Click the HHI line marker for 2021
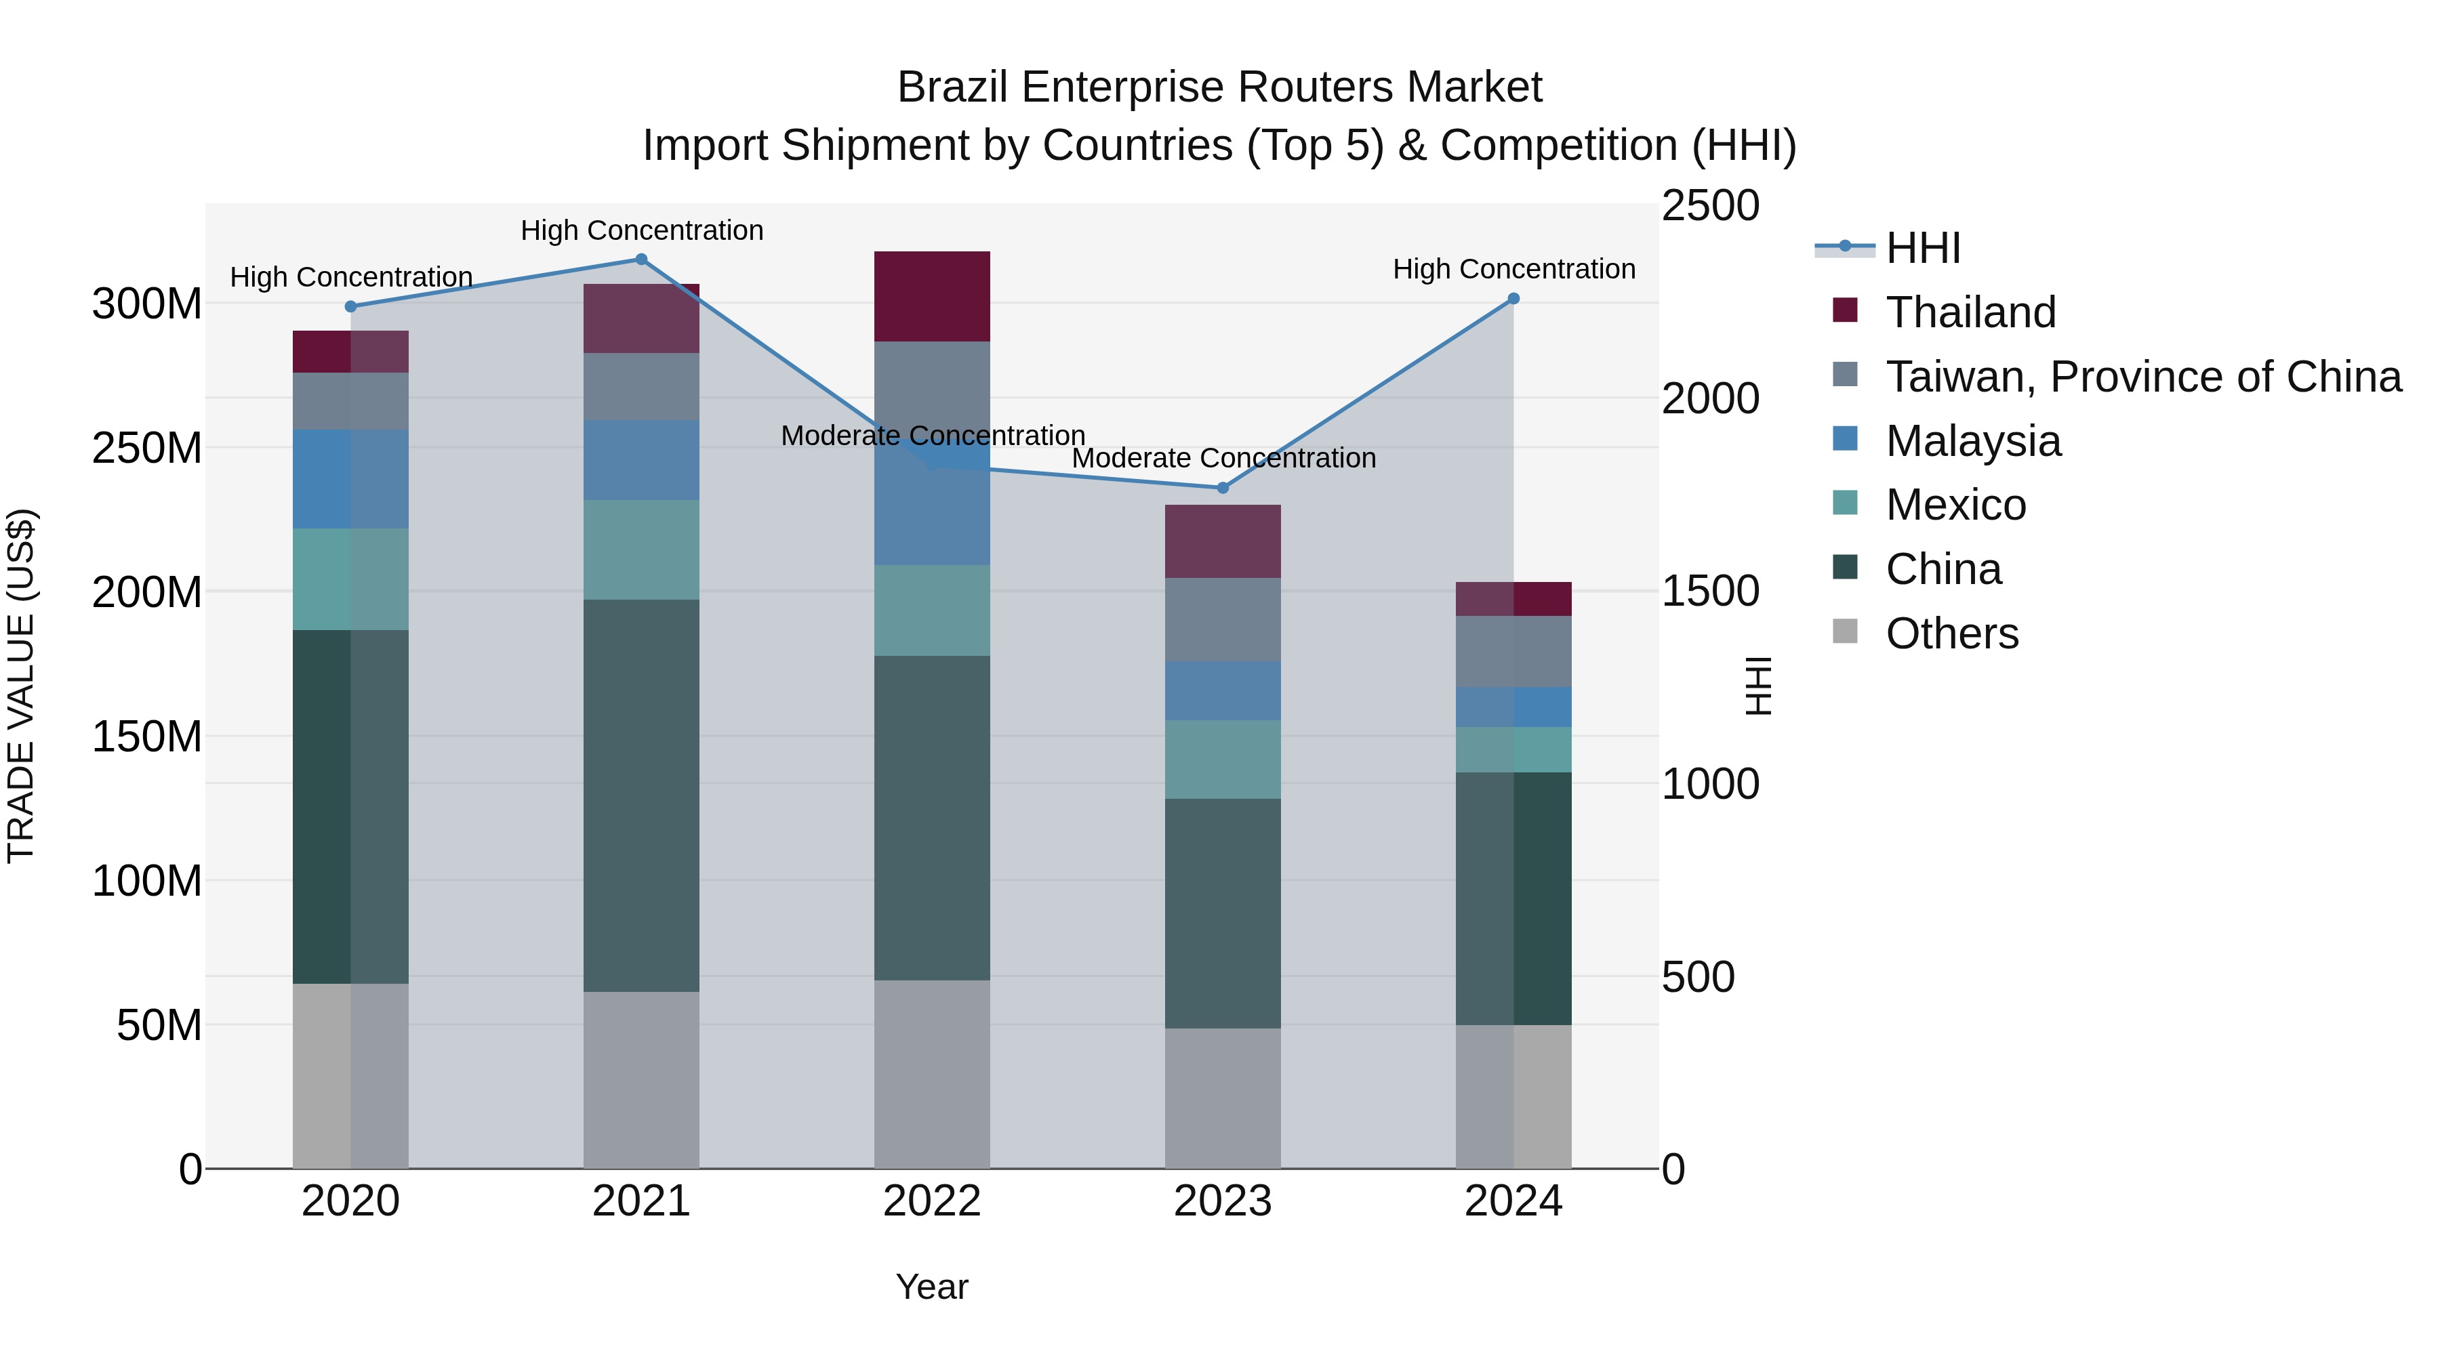point(641,259)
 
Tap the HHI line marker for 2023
point(1222,488)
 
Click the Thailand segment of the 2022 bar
point(932,296)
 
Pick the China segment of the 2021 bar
point(641,795)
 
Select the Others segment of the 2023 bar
point(1222,1098)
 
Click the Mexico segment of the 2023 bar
point(1222,760)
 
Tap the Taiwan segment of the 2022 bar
point(932,379)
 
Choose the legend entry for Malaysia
point(1972,441)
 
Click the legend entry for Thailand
point(1970,312)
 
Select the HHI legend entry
point(1923,248)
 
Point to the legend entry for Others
point(1951,633)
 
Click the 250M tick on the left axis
point(147,448)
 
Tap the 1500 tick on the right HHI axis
point(1710,591)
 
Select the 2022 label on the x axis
point(932,1201)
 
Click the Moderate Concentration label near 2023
point(1223,458)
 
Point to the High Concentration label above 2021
point(641,230)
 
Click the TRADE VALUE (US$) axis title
point(21,686)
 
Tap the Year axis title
point(932,1287)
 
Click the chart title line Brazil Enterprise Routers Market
point(1219,87)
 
